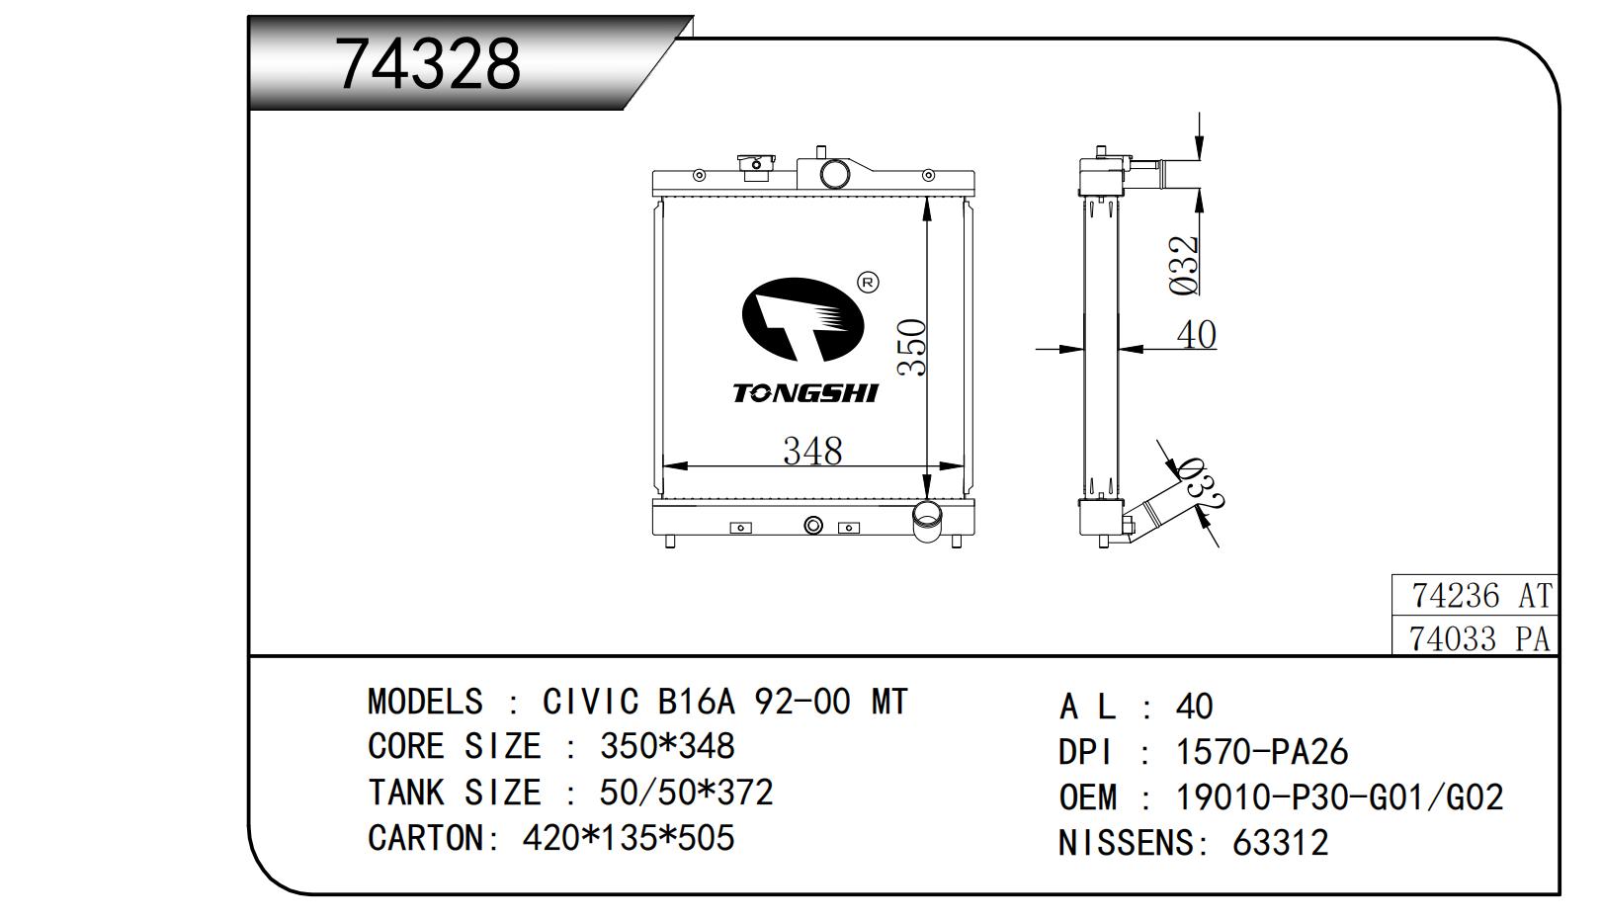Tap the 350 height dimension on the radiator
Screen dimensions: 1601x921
[x=913, y=347]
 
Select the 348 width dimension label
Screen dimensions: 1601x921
[x=812, y=451]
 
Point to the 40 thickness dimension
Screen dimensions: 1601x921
[x=1197, y=334]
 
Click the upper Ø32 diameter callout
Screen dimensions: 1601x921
[x=1184, y=265]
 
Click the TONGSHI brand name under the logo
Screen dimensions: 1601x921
[x=804, y=393]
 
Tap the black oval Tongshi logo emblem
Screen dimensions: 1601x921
[x=802, y=318]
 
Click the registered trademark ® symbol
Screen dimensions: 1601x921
[x=868, y=283]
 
